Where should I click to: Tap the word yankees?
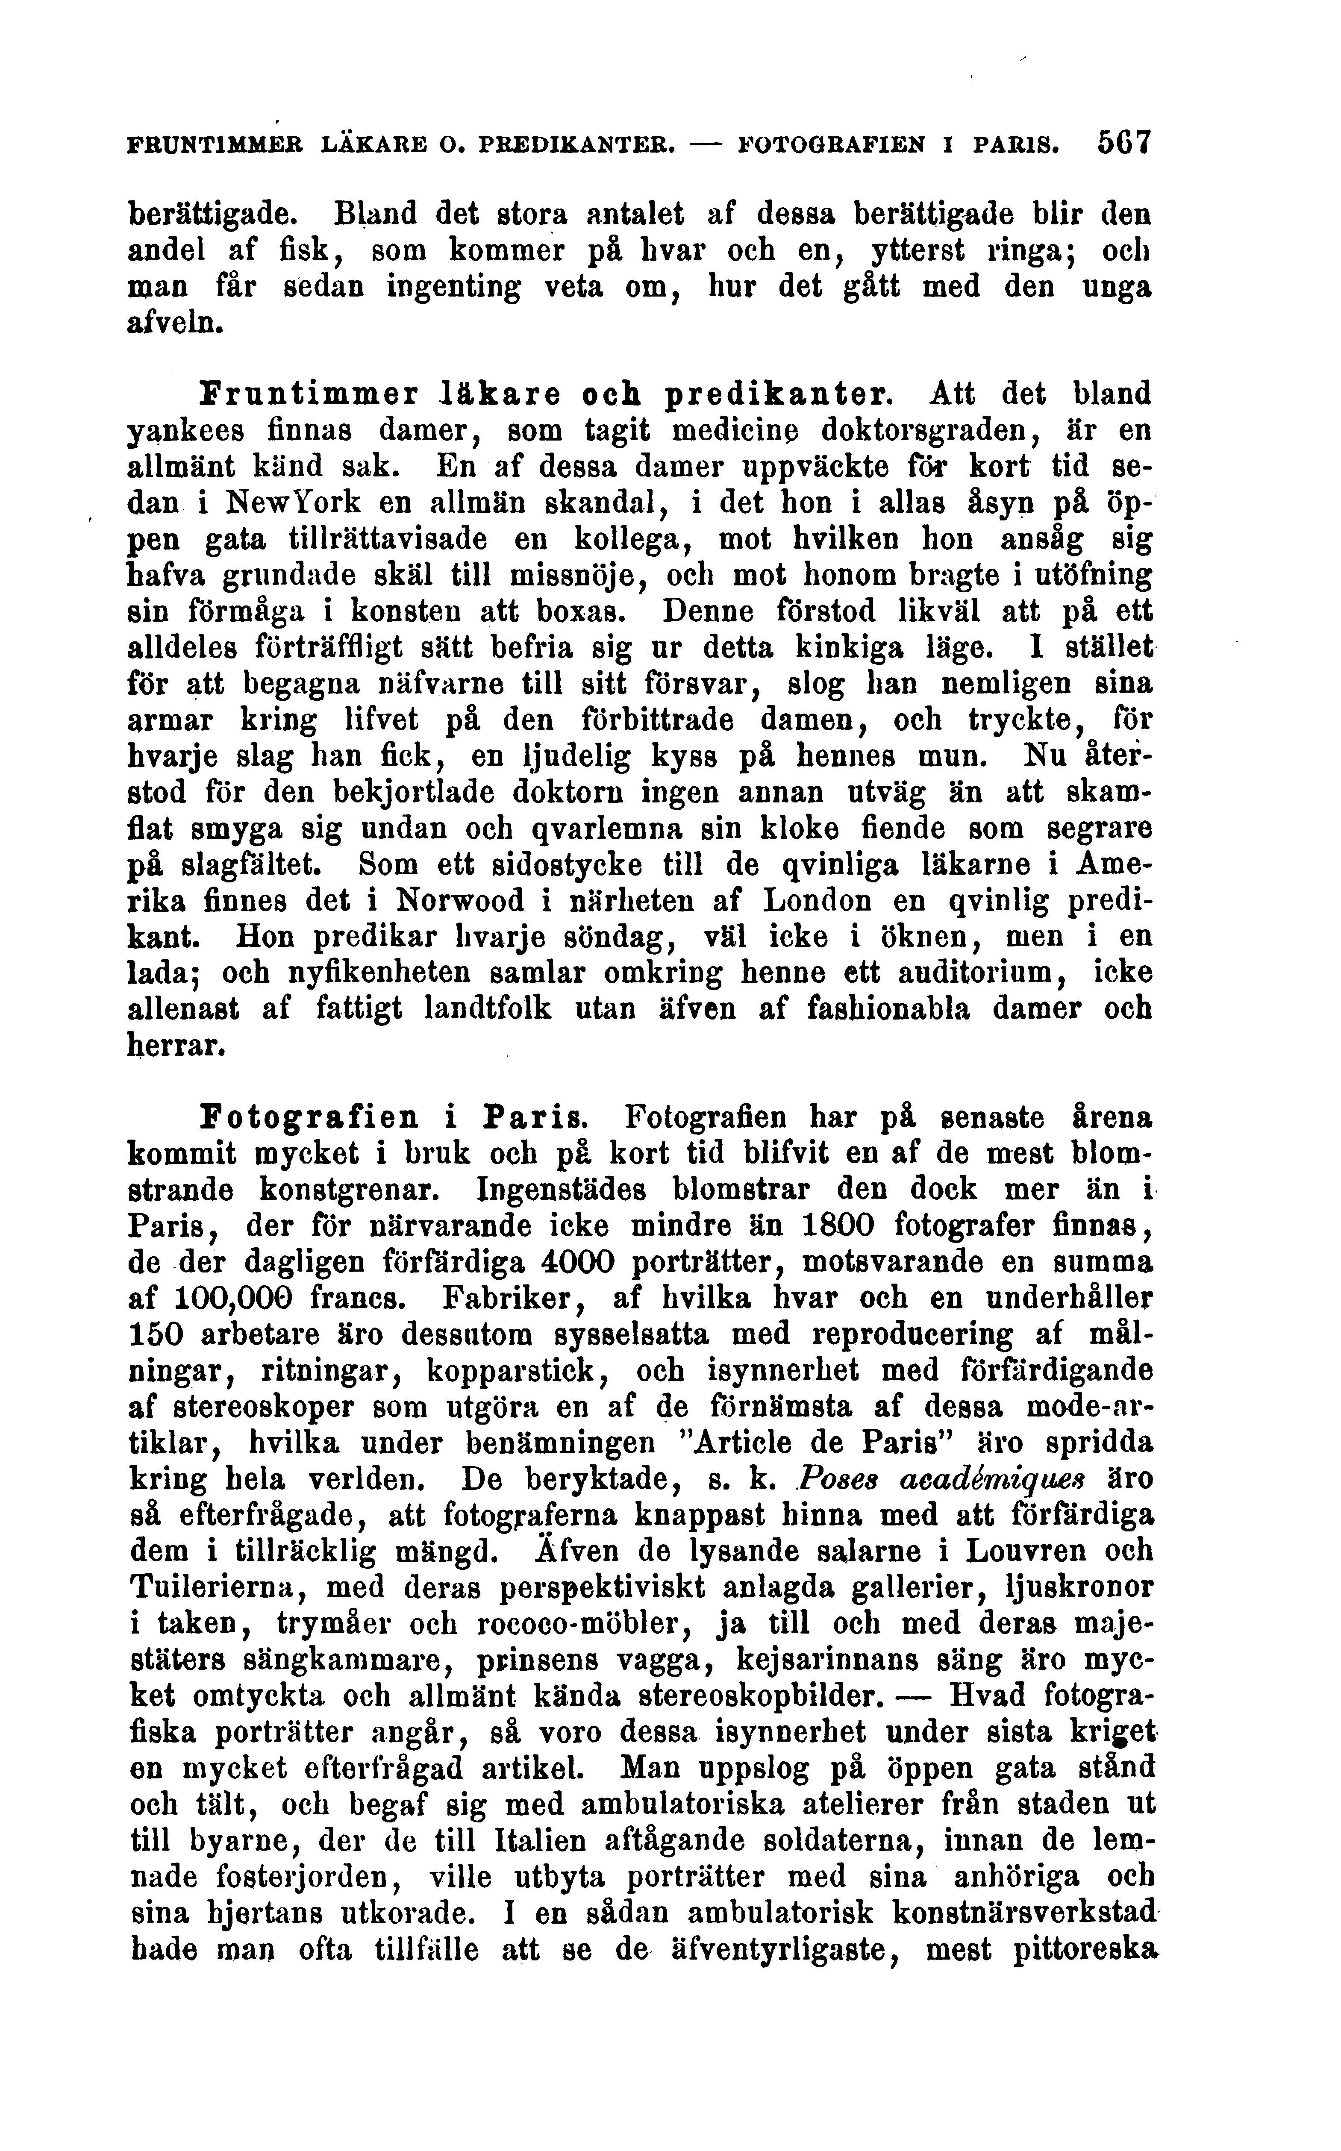point(188,430)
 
